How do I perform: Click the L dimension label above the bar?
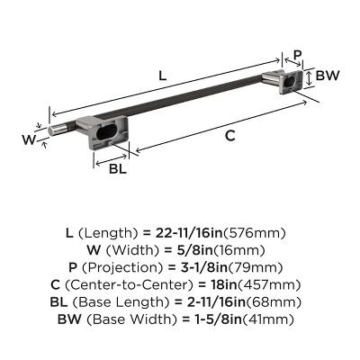point(162,76)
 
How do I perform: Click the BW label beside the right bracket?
point(328,77)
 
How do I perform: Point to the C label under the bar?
point(229,136)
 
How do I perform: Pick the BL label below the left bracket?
point(117,168)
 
